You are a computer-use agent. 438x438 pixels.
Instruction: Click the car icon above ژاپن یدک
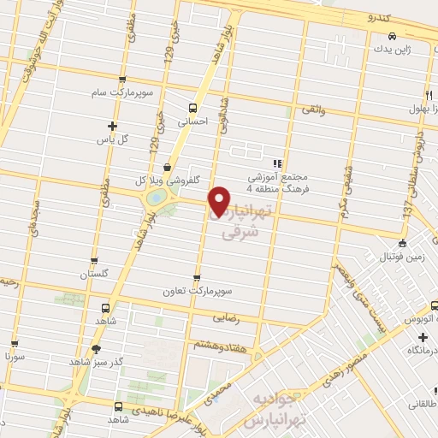pyautogui.click(x=391, y=36)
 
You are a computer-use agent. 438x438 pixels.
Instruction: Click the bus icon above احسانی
pyautogui.click(x=192, y=108)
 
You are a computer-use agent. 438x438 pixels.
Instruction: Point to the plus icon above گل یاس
pyautogui.click(x=112, y=125)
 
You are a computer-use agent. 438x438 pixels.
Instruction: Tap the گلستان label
pyautogui.click(x=95, y=274)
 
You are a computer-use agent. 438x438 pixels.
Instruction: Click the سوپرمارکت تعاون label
pyautogui.click(x=198, y=291)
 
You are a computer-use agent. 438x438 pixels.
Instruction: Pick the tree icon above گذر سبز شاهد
pyautogui.click(x=96, y=348)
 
